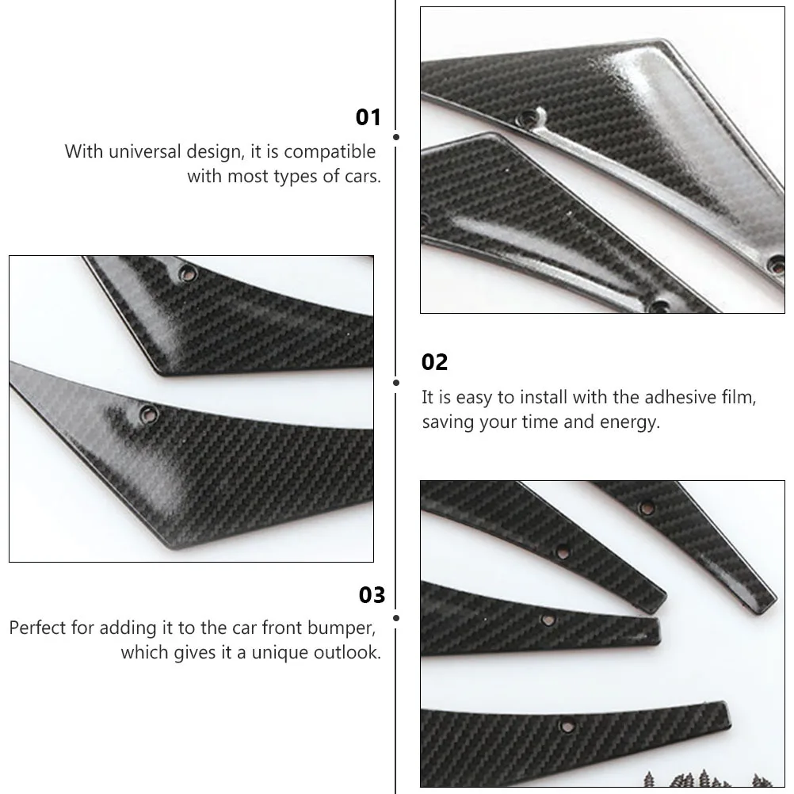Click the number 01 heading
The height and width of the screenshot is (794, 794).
pyautogui.click(x=368, y=118)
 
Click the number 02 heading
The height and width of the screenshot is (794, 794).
pyautogui.click(x=434, y=363)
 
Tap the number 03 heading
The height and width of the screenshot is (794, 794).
pyautogui.click(x=372, y=595)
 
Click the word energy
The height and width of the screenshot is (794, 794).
pyautogui.click(x=628, y=422)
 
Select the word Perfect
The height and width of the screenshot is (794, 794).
pyautogui.click(x=39, y=628)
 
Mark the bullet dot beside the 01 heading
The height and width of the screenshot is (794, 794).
pyautogui.click(x=395, y=137)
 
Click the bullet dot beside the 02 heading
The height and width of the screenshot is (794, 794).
pyautogui.click(x=395, y=383)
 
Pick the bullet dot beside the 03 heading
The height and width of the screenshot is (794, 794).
pyautogui.click(x=395, y=616)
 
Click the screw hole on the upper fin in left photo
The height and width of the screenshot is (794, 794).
pyautogui.click(x=187, y=273)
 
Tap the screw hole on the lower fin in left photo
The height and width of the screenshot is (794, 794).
pyautogui.click(x=147, y=413)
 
